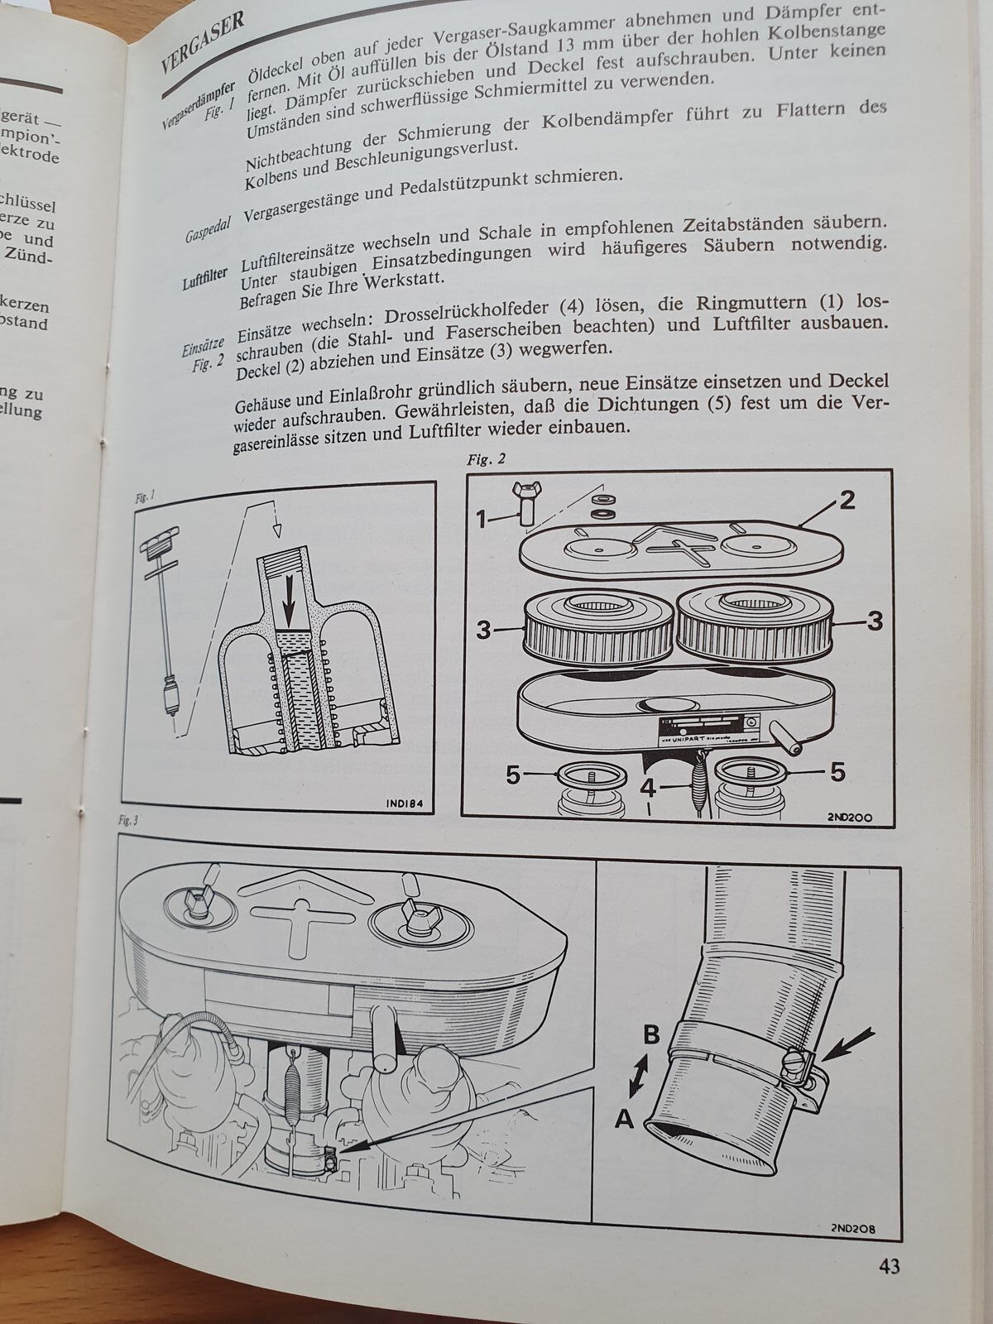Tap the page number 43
pos(884,1266)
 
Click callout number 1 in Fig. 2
pos(481,519)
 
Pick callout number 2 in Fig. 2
pos(847,501)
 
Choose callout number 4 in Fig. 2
pos(649,789)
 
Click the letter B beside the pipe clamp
pos(652,1035)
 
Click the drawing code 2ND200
pos(848,818)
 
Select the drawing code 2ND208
pos(850,1229)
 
